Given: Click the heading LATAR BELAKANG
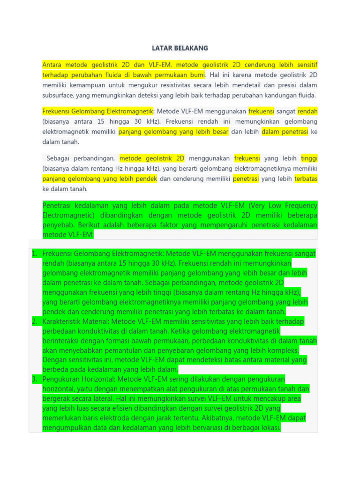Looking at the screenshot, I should click(180, 48).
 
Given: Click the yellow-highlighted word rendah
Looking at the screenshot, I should click(307, 112).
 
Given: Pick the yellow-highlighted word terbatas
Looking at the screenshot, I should click(306, 179).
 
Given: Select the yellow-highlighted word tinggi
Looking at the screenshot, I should click(309, 158).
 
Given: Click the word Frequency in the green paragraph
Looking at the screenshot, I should click(299, 206).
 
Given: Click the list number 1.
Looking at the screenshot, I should click(34, 254).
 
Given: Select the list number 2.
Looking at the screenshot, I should click(34, 321).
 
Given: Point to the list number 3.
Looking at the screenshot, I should click(34, 379).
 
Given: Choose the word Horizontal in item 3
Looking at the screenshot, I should click(98, 379).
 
